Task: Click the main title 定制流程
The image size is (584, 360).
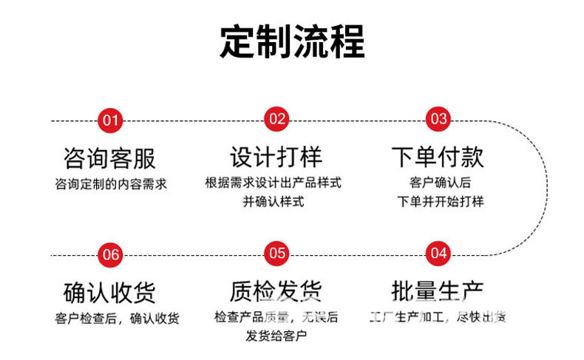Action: (292, 41)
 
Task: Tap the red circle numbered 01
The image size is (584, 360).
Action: (111, 120)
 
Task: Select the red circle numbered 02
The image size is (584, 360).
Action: (276, 119)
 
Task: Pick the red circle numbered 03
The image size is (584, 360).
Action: (438, 119)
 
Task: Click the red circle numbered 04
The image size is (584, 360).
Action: (438, 254)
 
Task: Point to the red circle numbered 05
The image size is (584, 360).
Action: (276, 254)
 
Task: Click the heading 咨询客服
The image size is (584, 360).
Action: (111, 157)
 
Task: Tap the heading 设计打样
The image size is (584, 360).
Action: (276, 157)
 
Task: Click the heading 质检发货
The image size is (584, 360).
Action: (276, 291)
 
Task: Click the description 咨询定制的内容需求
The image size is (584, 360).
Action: (111, 183)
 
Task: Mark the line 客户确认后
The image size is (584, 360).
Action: (440, 182)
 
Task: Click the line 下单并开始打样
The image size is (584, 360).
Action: (440, 201)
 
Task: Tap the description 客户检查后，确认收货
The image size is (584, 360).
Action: (117, 319)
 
